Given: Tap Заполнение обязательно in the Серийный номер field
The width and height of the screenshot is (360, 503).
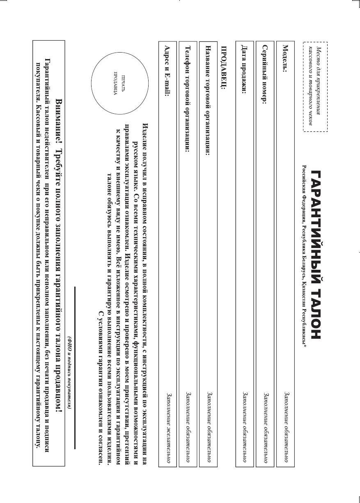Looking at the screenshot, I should (265, 432).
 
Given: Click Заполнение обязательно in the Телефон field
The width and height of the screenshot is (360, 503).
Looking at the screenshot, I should (188, 432).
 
